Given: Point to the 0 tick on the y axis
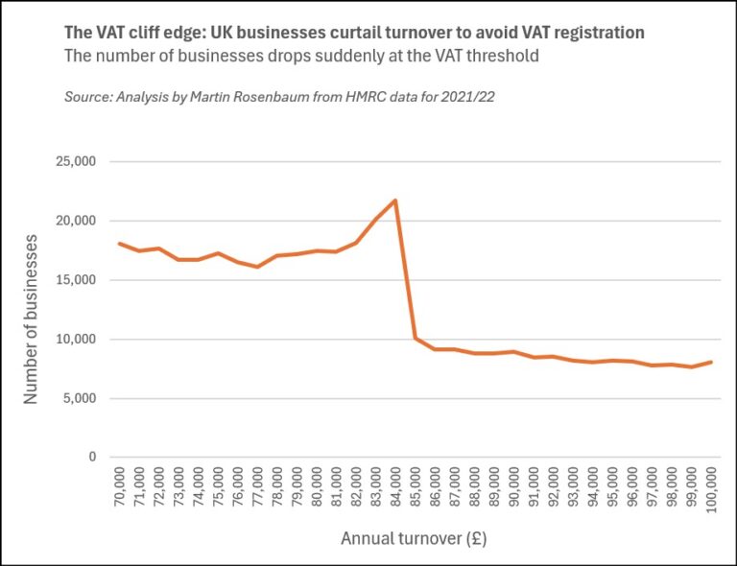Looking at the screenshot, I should (92, 458).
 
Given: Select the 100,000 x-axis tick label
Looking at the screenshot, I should (711, 492).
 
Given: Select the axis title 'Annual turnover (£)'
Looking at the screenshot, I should (414, 539).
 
